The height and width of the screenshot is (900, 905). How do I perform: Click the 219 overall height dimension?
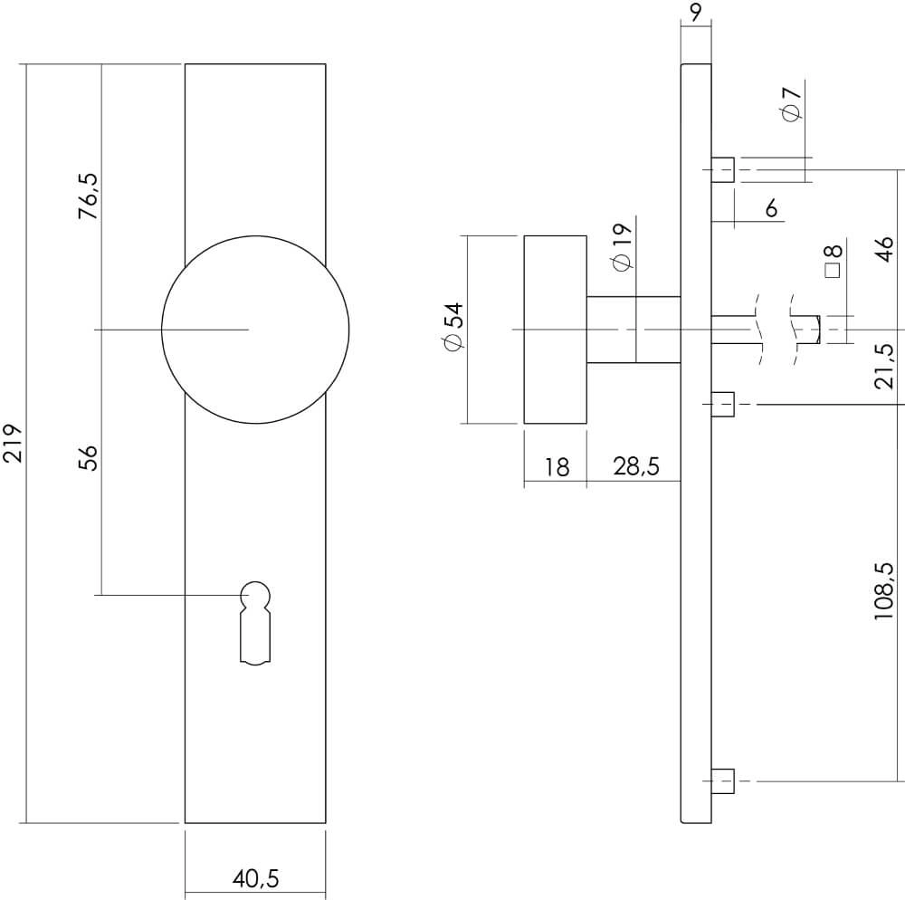pyautogui.click(x=13, y=443)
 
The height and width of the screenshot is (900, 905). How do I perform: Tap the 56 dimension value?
pyautogui.click(x=88, y=458)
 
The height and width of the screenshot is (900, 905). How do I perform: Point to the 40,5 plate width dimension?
pyautogui.click(x=255, y=877)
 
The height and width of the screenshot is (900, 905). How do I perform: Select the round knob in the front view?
pyautogui.click(x=255, y=330)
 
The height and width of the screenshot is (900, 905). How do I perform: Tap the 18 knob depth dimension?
pyautogui.click(x=557, y=467)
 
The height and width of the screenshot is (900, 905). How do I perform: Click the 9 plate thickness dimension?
pyautogui.click(x=694, y=12)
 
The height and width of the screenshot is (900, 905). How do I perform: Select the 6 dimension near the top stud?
pyautogui.click(x=771, y=209)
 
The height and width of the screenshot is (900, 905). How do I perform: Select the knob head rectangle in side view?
pyautogui.click(x=555, y=330)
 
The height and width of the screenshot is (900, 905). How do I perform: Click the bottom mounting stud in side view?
pyautogui.click(x=722, y=780)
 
